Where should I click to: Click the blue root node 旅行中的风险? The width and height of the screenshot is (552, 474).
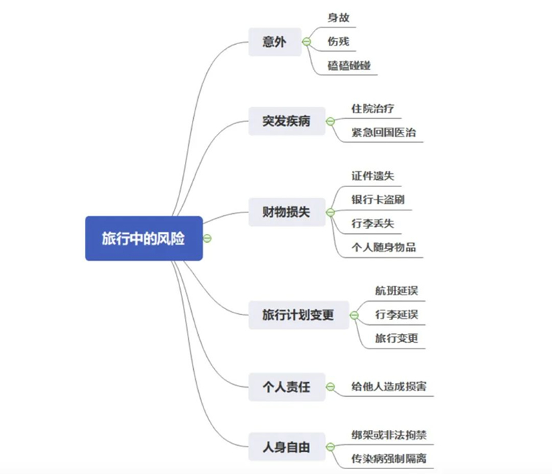[x=144, y=238]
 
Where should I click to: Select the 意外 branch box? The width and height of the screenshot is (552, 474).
[x=275, y=42]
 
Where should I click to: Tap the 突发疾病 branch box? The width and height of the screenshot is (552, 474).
[x=287, y=121]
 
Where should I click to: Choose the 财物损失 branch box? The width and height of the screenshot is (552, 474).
[x=287, y=213]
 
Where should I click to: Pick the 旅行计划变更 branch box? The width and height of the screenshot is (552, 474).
[x=299, y=315]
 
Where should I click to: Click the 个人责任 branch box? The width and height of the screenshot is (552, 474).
[x=287, y=387]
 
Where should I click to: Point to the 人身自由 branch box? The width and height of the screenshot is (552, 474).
[x=287, y=447]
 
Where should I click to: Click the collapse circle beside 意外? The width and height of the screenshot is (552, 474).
[x=307, y=42]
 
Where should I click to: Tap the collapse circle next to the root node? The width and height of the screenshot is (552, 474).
[x=208, y=238]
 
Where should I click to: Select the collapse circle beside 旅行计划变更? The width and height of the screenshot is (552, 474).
[x=354, y=315]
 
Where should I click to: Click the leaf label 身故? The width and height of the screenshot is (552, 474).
[x=338, y=18]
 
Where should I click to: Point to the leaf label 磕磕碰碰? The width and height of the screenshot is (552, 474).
[x=349, y=66]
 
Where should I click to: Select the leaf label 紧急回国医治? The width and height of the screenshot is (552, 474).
[x=384, y=132]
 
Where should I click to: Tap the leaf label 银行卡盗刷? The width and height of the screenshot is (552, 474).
[x=378, y=200]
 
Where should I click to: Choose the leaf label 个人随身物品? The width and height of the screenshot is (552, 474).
[x=384, y=248]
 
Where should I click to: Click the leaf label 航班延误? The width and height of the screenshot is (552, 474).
[x=397, y=290]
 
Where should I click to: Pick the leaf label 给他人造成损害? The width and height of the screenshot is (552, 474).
[x=389, y=386]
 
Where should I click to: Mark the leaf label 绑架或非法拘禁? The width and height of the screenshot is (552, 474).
[x=389, y=435]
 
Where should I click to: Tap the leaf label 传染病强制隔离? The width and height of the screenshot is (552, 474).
[x=389, y=459]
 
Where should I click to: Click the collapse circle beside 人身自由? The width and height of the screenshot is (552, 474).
[x=331, y=447]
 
